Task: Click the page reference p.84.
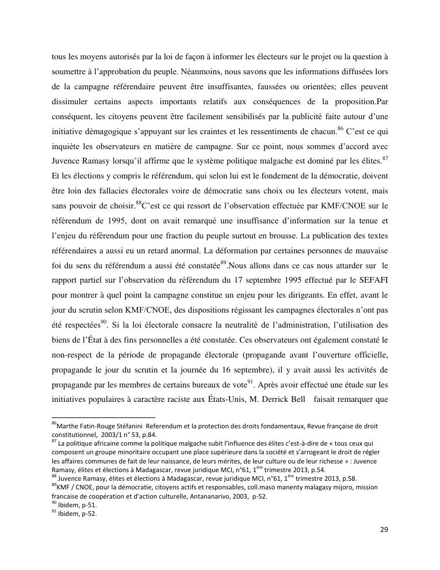point(149,435)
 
